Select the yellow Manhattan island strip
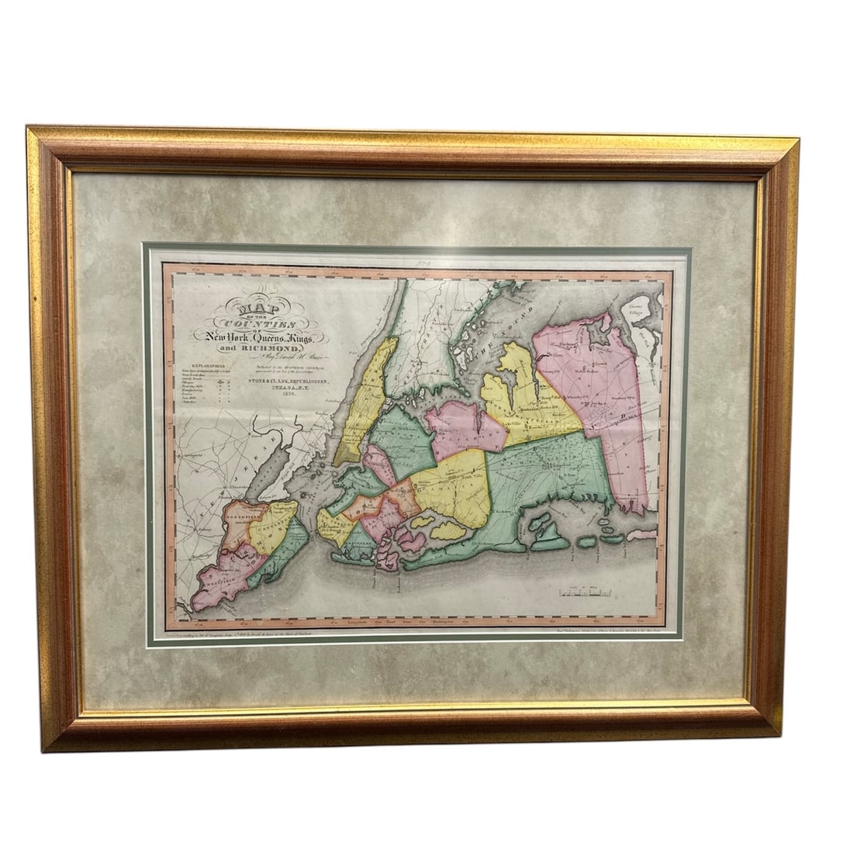click(364, 403)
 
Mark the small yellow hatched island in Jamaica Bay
click(447, 530)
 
